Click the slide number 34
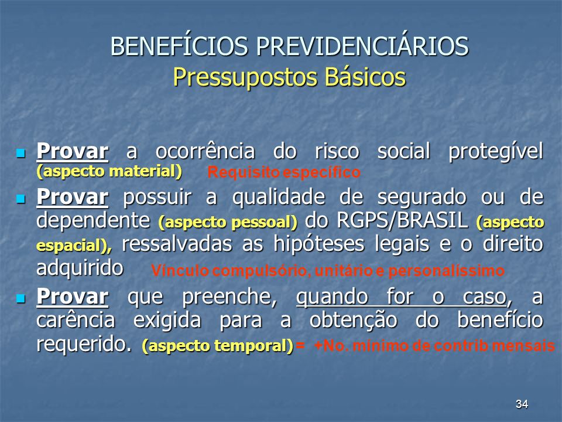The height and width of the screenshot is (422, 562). [522, 404]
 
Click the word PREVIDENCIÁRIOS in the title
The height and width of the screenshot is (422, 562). [362, 46]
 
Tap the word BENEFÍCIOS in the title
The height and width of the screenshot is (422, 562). [179, 46]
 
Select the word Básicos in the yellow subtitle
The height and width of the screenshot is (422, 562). [365, 77]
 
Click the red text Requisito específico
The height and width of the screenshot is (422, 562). [284, 172]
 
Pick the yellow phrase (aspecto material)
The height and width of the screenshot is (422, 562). [109, 171]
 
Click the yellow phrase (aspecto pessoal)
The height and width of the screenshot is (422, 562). [228, 222]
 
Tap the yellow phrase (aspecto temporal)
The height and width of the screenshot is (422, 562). [218, 346]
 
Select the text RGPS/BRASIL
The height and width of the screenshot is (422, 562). [402, 220]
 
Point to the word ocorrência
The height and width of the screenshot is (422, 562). [205, 151]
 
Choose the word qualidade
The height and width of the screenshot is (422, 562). [279, 198]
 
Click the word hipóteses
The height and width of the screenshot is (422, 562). [318, 244]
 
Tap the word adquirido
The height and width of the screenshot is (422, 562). [80, 268]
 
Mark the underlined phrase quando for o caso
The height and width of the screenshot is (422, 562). [402, 298]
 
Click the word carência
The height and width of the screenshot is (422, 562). [76, 319]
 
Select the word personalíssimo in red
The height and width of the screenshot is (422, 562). [446, 271]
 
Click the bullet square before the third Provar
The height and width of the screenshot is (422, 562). [21, 298]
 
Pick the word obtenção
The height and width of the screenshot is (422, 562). [354, 320]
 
